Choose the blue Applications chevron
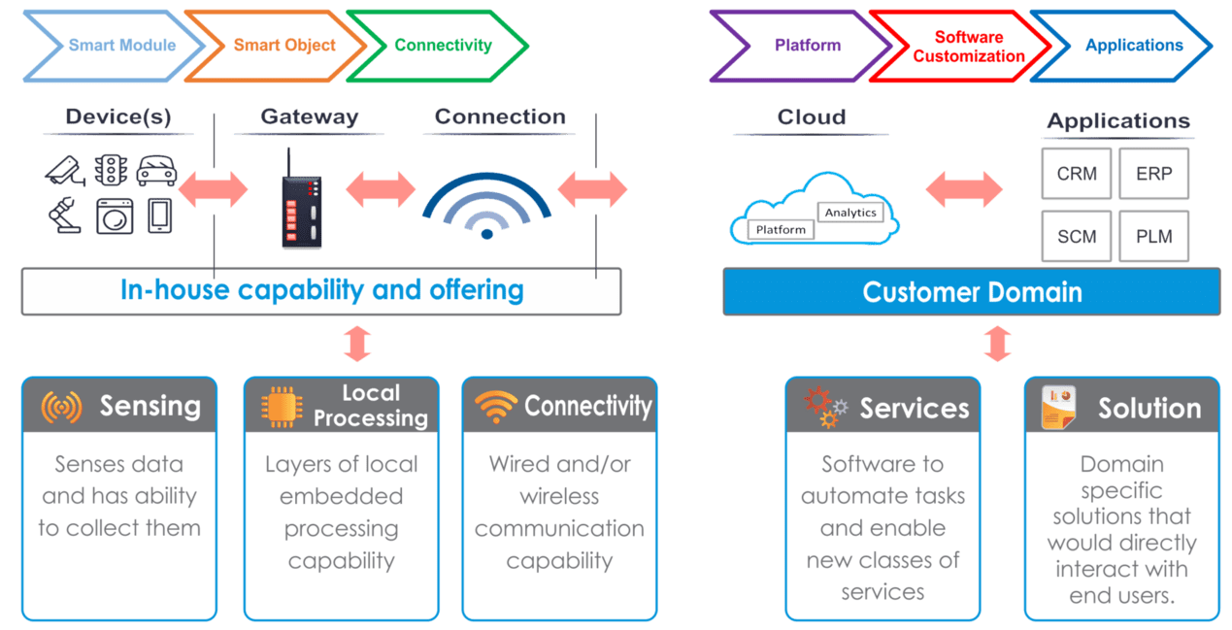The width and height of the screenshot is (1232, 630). pos(1126,47)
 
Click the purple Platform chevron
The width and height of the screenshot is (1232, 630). pos(801,47)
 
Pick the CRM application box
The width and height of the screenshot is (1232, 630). pos(1077,174)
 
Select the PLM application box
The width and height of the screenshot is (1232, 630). pos(1153,236)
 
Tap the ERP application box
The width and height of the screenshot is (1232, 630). pos(1153,174)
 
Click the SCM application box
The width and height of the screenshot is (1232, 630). pos(1077,236)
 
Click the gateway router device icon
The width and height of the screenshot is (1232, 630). pos(301,201)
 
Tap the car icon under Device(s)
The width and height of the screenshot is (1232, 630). pos(156,171)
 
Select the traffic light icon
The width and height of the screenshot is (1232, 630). pos(111,171)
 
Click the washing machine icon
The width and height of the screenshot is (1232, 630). pos(114,216)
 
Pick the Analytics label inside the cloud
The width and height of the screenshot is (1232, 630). pos(850,213)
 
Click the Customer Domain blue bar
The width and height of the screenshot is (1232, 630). pos(972,292)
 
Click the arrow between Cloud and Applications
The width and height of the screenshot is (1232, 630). pos(964,190)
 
